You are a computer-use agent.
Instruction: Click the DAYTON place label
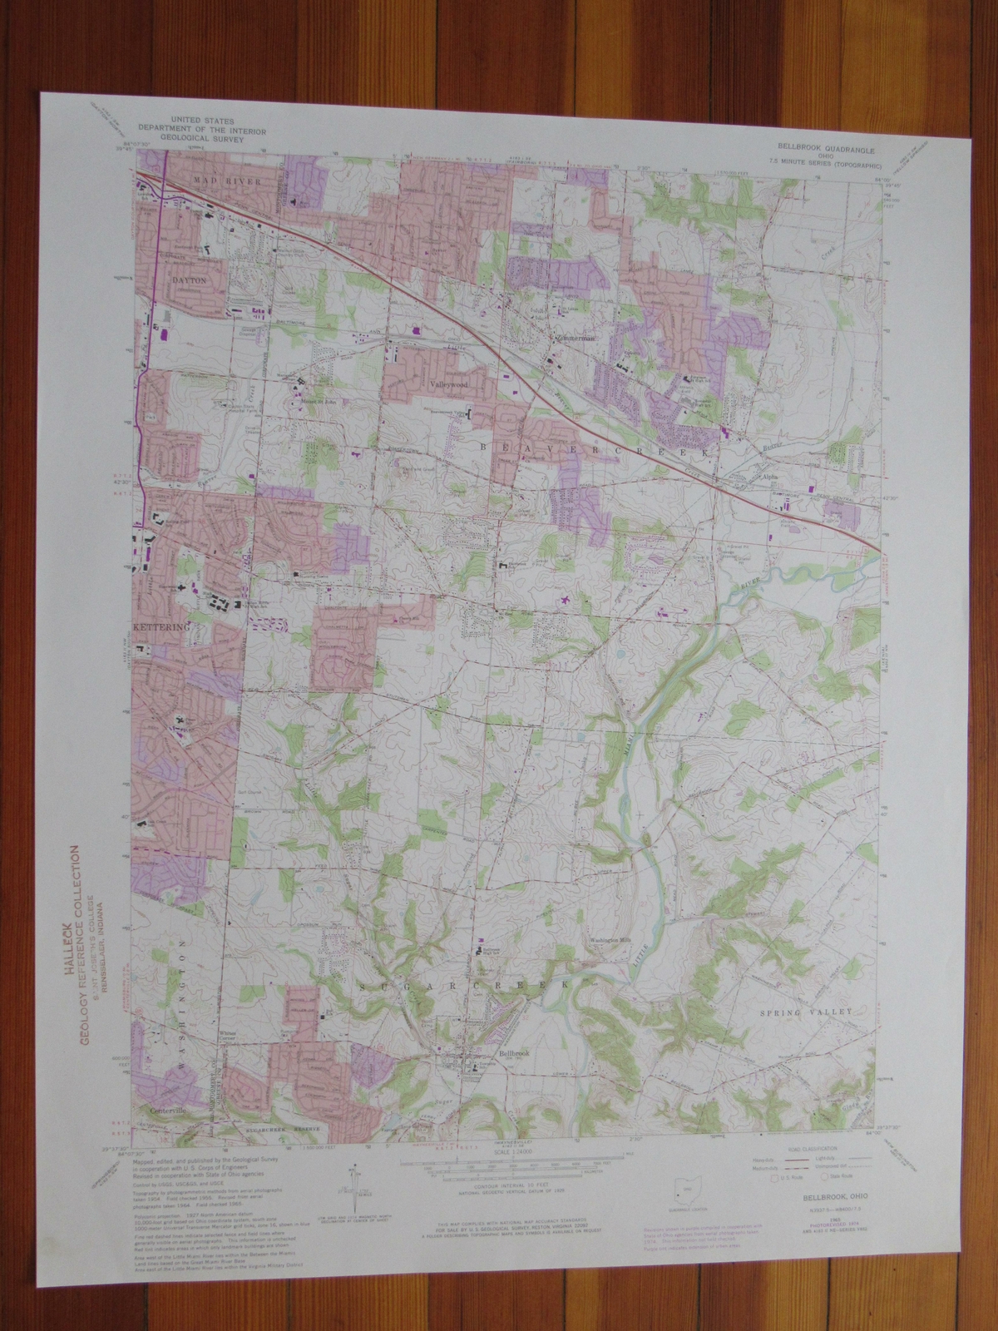(189, 282)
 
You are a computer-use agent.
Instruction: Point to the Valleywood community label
(451, 387)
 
